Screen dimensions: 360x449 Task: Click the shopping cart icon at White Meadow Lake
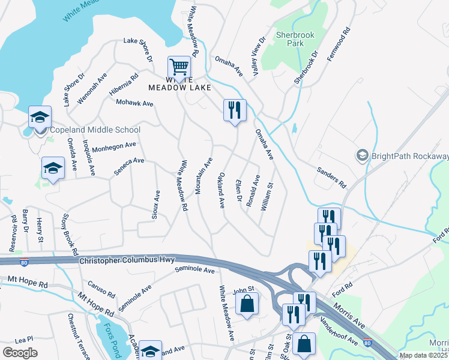179,66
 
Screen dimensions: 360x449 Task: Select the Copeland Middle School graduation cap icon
40,116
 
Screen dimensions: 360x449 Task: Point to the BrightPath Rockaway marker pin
362,156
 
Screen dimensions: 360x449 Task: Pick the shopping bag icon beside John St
247,304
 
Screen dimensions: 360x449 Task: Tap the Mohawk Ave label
134,104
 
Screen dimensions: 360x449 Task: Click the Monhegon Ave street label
114,145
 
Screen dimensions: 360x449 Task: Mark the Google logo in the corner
20,353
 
